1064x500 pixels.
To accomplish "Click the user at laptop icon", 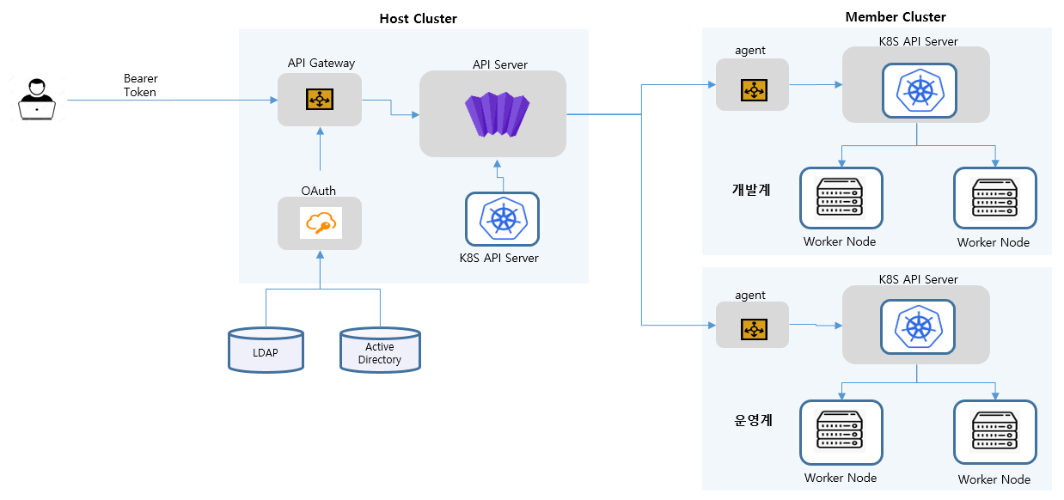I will point(37,98).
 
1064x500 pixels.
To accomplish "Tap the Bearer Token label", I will point(140,85).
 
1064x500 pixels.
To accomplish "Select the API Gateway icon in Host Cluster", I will point(320,100).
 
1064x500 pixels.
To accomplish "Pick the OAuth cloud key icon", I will point(320,223).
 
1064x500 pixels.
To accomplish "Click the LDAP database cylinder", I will point(266,351).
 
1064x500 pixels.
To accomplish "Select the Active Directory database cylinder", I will point(380,351).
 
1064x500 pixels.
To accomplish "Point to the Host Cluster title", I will point(418,19).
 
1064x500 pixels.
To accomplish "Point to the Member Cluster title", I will point(896,17).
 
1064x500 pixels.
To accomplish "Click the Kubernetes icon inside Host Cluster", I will point(503,218).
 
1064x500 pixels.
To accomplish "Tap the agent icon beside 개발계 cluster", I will point(753,89).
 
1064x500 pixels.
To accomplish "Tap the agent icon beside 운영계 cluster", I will point(753,329).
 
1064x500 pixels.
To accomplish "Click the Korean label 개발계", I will point(751,189).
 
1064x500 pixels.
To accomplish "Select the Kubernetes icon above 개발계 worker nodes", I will point(919,91).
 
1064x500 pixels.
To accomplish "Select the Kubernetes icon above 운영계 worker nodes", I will point(919,327).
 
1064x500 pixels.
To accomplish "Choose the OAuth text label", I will point(318,190).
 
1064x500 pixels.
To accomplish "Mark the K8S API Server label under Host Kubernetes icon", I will point(499,257).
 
